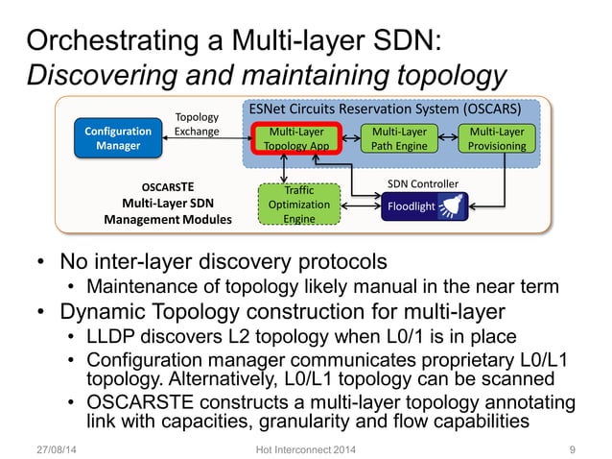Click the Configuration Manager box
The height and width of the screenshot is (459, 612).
(x=118, y=138)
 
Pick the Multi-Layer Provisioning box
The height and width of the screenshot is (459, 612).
(x=497, y=138)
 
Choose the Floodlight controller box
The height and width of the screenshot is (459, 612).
(x=421, y=205)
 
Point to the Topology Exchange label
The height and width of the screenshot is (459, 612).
(x=197, y=124)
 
